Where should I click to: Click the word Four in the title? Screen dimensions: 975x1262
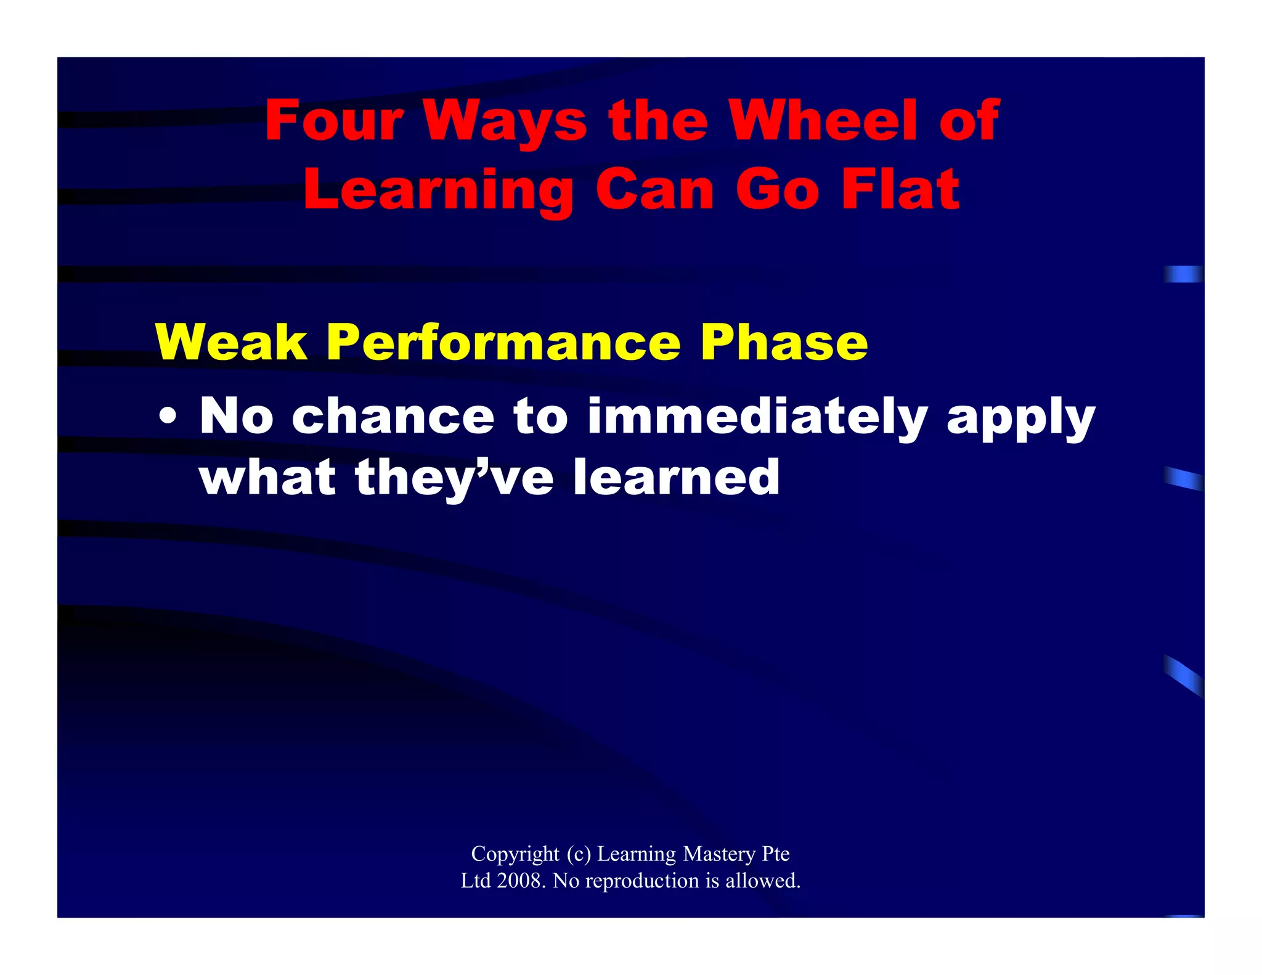click(334, 121)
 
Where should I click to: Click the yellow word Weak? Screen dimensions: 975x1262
click(231, 343)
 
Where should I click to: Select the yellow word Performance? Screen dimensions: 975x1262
click(503, 343)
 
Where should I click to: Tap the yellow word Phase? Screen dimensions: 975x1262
click(784, 343)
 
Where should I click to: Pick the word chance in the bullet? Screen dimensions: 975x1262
click(393, 417)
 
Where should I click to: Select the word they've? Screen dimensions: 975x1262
click(454, 478)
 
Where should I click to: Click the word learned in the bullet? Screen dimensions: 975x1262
click(676, 477)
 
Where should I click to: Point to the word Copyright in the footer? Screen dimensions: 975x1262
click(515, 854)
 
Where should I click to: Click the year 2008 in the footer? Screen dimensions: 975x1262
click(521, 881)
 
